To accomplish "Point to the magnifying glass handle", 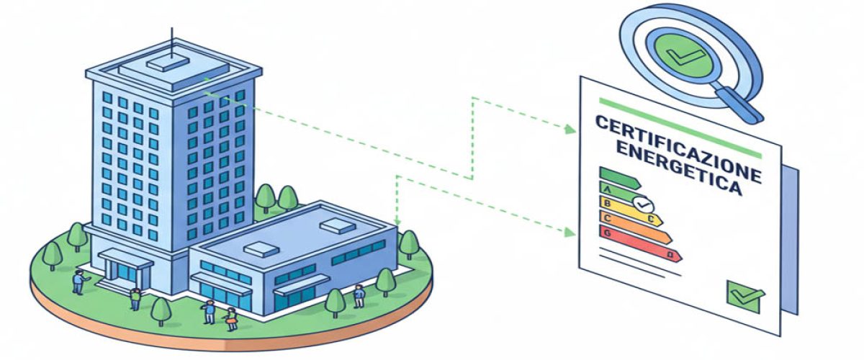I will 741,104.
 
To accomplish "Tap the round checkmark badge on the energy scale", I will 642,204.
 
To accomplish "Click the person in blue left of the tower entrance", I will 78,282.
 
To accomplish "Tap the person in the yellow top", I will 231,318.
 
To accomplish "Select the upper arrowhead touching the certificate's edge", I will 571,130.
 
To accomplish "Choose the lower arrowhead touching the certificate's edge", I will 571,232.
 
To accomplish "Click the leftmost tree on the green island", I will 52,253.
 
